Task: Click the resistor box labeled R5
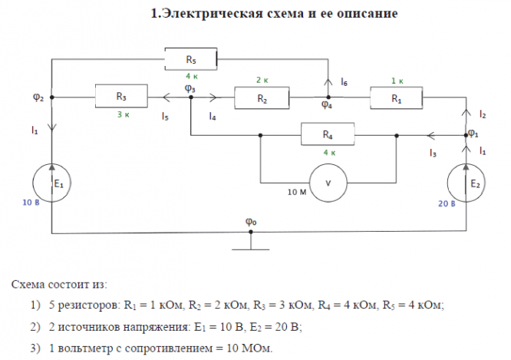[190, 59]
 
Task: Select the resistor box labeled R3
[121, 96]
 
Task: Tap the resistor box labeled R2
[262, 97]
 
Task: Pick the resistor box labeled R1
[396, 97]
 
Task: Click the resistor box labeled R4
[328, 134]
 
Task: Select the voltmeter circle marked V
[328, 183]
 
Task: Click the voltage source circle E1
[51, 183]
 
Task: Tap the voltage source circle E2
[466, 183]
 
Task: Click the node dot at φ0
[251, 232]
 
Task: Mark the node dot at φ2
[52, 97]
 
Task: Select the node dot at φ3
[191, 97]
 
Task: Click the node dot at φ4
[328, 97]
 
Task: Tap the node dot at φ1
[466, 135]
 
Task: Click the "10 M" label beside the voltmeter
[297, 192]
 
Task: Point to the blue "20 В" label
[447, 204]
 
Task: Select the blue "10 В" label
[31, 203]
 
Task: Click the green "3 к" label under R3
[124, 114]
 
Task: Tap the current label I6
[345, 81]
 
